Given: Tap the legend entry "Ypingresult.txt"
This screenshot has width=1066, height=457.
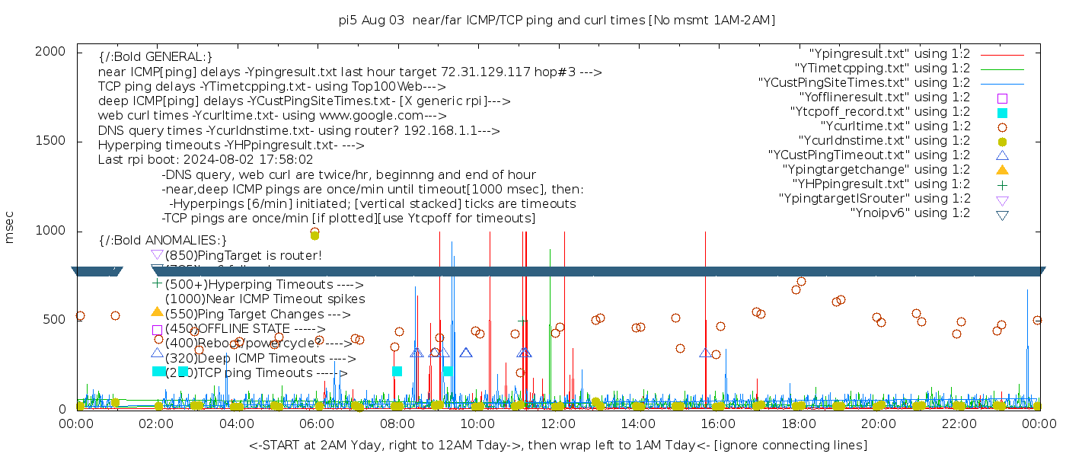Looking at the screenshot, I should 889,54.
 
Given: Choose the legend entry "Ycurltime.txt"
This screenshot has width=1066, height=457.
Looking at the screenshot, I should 895,126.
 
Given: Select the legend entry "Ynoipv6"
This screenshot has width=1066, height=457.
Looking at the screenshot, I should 910,213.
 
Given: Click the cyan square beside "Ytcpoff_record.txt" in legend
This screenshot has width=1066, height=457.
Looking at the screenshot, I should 1002,113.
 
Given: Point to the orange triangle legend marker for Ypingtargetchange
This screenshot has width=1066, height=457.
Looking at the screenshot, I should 1002,170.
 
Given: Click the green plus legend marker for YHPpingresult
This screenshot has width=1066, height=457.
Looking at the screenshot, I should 1002,184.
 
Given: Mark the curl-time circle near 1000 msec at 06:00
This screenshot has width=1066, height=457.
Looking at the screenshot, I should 315,232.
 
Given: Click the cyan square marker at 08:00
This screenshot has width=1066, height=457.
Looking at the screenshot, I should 397,372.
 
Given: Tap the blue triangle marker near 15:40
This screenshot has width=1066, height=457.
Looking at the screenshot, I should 706,353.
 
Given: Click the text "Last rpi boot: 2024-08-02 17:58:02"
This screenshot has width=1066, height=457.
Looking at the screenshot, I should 206,160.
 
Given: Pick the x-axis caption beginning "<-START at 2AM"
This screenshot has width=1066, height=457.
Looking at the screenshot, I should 557,445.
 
